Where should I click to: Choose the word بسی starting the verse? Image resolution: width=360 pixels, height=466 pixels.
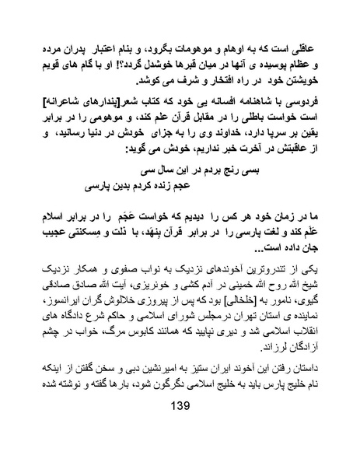tap(266, 167)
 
